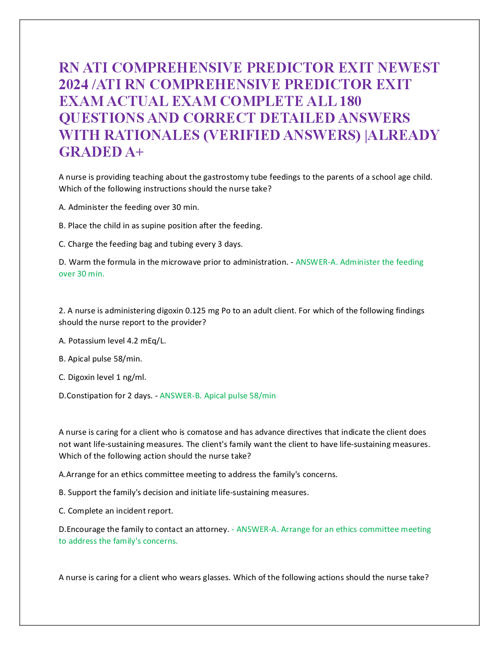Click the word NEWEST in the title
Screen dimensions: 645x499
click(x=409, y=67)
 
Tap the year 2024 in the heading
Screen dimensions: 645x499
click(x=73, y=84)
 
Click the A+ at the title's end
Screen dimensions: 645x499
click(x=134, y=152)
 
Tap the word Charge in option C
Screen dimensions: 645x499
click(x=80, y=244)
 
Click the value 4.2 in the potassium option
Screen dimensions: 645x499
click(x=133, y=341)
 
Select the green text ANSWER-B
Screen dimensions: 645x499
click(x=179, y=395)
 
